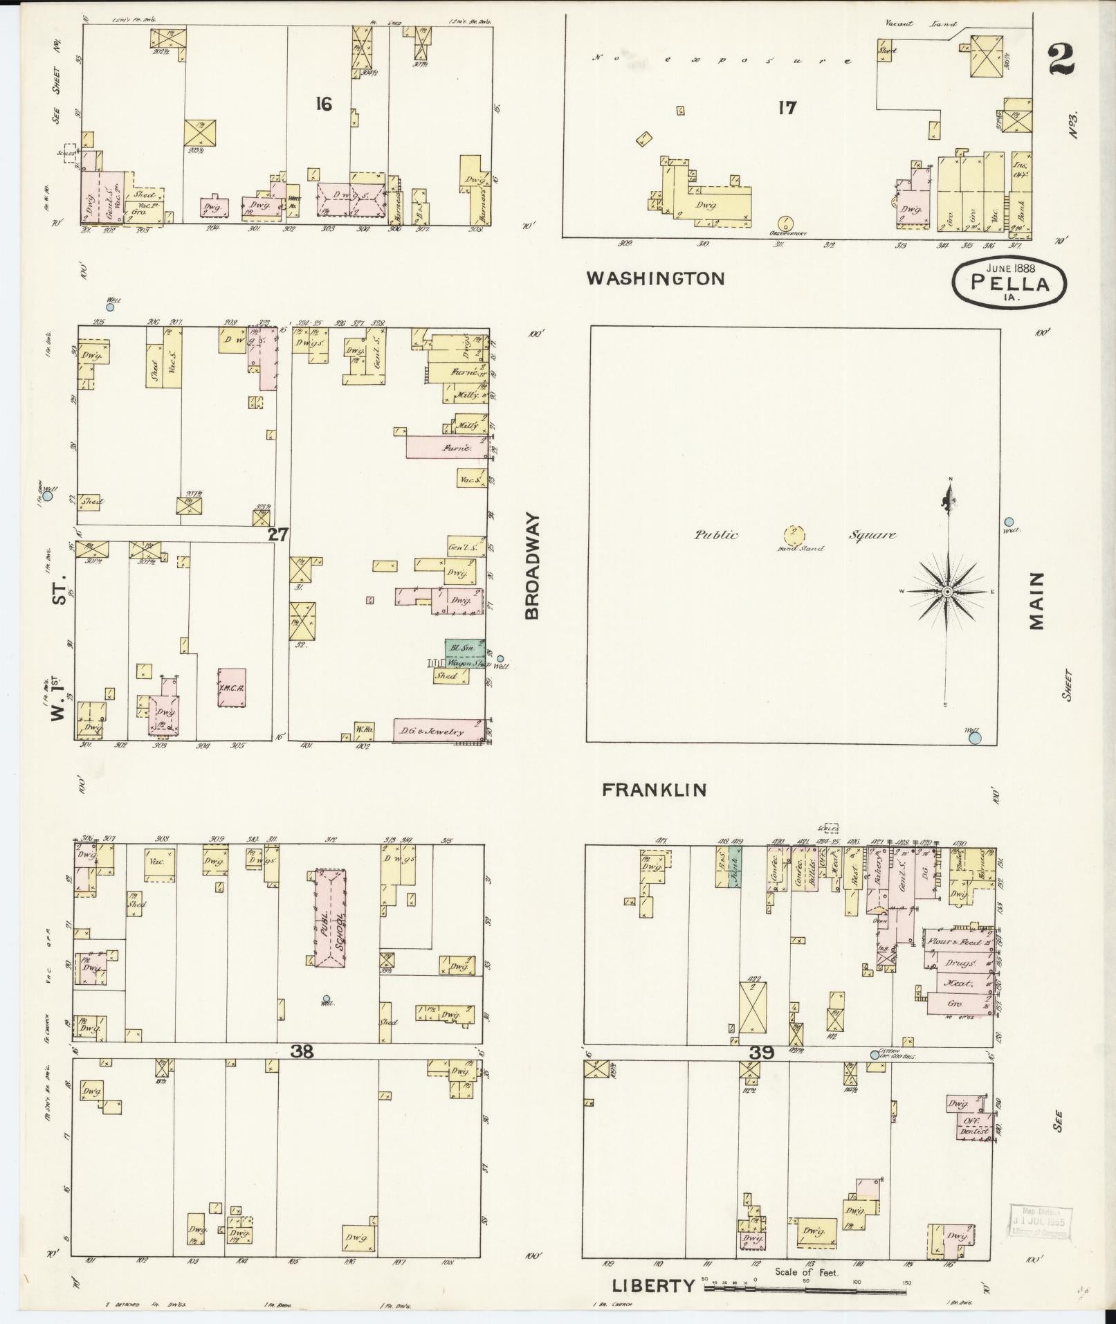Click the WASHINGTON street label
pyautogui.click(x=655, y=278)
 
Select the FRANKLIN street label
pyautogui.click(x=654, y=790)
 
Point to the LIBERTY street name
pyautogui.click(x=653, y=1286)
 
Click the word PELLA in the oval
pyautogui.click(x=1009, y=282)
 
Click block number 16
pyautogui.click(x=323, y=105)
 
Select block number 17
pyautogui.click(x=787, y=107)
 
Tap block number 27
pyautogui.click(x=278, y=534)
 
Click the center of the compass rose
pyautogui.click(x=946, y=592)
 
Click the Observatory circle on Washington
pyautogui.click(x=786, y=224)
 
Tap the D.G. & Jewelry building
pyautogui.click(x=439, y=731)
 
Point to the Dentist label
pyautogui.click(x=973, y=1132)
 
